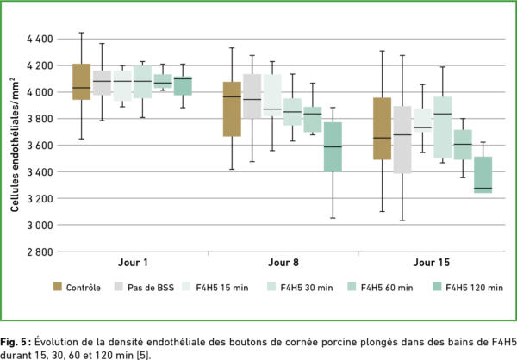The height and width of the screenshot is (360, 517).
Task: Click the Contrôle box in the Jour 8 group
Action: [231, 109]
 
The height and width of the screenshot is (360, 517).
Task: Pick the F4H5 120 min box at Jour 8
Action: [332, 146]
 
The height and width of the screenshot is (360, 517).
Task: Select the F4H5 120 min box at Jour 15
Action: [483, 175]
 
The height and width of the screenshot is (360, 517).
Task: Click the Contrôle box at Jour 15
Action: [382, 128]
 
